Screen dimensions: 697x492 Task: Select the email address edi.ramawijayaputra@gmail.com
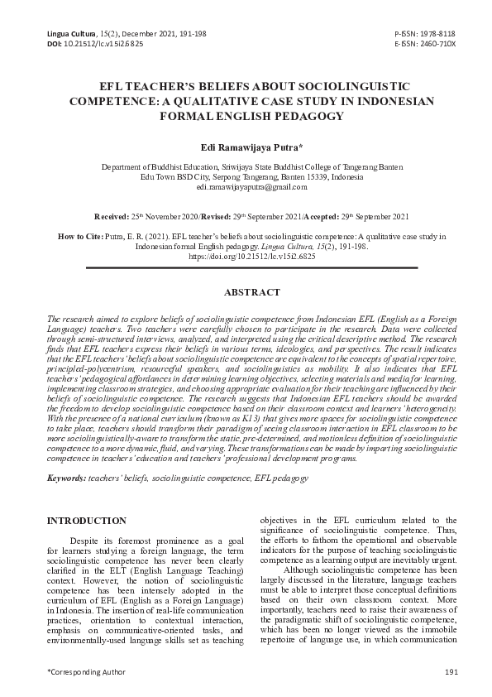(x=246, y=188)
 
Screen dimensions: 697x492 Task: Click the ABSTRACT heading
(x=246, y=292)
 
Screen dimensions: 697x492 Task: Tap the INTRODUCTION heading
(x=87, y=521)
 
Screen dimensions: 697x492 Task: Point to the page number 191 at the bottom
(x=450, y=671)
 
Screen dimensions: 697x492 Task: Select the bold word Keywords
(x=64, y=478)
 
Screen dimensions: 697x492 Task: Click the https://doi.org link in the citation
(x=246, y=257)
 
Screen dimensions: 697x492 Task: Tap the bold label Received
(x=112, y=216)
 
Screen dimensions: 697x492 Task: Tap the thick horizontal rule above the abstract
(x=246, y=268)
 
